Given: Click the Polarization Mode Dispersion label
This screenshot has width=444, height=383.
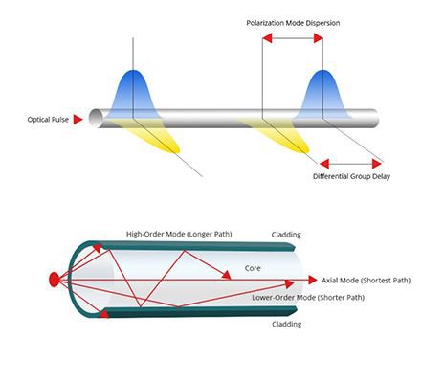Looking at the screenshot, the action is pos(293,23).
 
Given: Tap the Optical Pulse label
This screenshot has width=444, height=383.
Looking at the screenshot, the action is pos(48,120).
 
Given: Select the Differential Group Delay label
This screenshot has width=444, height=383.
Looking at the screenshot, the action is pos(351,176).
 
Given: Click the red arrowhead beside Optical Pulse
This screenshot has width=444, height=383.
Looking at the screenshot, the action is pos(78,120).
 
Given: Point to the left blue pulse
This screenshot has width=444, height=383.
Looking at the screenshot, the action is pos(133,94).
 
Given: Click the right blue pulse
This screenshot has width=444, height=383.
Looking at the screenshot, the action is pos(322,94).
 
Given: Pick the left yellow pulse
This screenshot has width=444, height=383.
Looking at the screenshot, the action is pos(150,134).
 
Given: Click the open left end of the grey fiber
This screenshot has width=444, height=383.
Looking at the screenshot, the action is pos(96,119).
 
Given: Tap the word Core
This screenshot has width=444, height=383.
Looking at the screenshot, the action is pos(253,268).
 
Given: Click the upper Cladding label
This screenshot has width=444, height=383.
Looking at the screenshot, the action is pos(286,235).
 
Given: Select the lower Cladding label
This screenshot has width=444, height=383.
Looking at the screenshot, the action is pos(287,325).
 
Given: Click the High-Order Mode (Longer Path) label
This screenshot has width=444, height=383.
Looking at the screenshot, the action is pos(179,234).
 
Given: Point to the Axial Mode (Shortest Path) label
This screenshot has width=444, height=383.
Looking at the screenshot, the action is pos(366,281).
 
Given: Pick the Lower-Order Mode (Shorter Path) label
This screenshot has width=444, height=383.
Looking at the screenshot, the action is pos(308,298).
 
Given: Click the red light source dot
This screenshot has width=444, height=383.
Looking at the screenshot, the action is pos(54,280).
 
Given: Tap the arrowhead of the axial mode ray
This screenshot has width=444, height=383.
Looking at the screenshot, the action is pos(313,280).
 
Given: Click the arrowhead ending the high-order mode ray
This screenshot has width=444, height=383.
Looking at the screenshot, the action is pos(227,275).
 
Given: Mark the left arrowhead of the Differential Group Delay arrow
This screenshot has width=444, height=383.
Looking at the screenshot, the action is pos(324,164).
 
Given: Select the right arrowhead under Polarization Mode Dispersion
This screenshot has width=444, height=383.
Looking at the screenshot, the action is pos(319,38).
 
